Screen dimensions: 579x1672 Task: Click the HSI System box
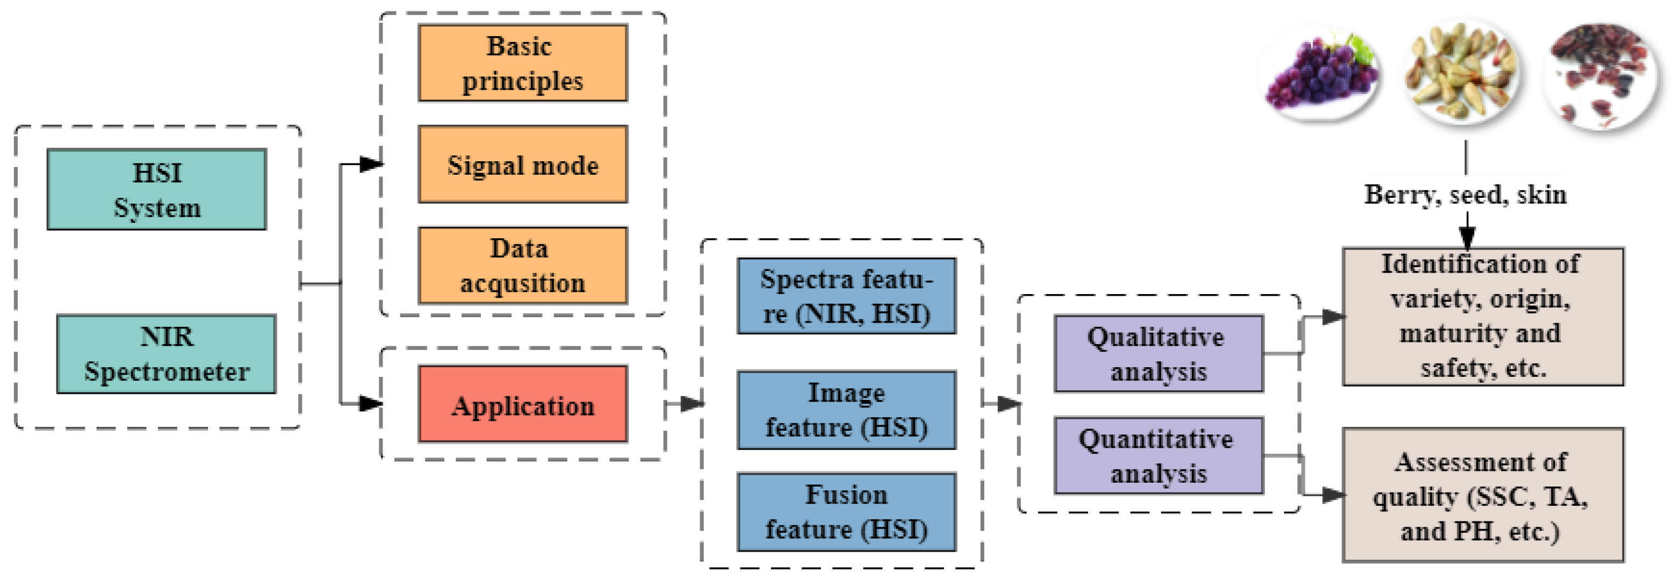(156, 190)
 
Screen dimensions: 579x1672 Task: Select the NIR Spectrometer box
(166, 354)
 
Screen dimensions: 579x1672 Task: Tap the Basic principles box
(522, 63)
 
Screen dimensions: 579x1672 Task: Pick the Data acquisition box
(522, 265)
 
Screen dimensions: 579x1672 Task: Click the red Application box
(522, 404)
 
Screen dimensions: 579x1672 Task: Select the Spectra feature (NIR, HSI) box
(846, 296)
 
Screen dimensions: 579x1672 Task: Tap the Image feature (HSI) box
(846, 410)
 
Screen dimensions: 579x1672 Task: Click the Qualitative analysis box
(1158, 354)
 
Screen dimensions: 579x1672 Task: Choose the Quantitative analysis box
(1158, 456)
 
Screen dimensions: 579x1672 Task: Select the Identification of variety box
(1482, 316)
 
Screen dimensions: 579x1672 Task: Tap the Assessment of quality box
(1482, 495)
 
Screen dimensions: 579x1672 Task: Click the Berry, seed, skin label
(1465, 195)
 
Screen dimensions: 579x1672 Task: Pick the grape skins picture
(1601, 76)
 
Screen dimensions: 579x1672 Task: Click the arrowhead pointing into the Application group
(371, 403)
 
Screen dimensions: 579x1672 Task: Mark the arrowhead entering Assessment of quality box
(1332, 495)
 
